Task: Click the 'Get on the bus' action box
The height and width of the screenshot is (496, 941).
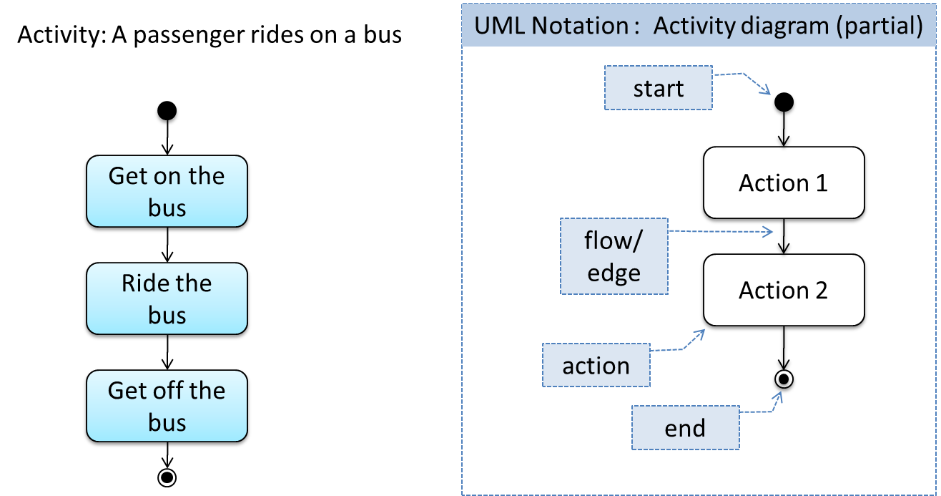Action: click(x=167, y=191)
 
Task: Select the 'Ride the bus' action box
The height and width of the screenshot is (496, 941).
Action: click(x=167, y=298)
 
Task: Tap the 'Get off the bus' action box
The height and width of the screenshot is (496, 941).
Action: click(x=167, y=406)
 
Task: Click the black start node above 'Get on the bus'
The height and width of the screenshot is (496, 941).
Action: click(x=167, y=111)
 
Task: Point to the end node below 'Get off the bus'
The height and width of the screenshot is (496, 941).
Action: click(x=167, y=477)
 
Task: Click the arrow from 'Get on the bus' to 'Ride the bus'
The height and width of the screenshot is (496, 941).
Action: click(x=167, y=245)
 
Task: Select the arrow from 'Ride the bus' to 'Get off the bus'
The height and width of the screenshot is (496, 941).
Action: click(x=167, y=352)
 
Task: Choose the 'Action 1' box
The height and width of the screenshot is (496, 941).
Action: click(x=784, y=183)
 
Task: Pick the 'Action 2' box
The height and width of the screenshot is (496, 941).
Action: click(x=784, y=290)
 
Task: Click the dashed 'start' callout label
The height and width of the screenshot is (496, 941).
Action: click(x=659, y=87)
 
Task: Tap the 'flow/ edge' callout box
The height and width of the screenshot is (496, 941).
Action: click(x=614, y=256)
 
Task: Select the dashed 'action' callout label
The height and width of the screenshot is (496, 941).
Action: click(x=596, y=365)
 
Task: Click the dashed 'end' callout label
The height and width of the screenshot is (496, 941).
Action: click(x=685, y=427)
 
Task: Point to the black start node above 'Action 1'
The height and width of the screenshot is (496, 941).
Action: click(x=784, y=102)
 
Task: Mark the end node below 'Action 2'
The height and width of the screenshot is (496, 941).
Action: click(x=784, y=379)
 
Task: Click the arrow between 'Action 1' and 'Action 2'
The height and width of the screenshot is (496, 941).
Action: click(x=784, y=236)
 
